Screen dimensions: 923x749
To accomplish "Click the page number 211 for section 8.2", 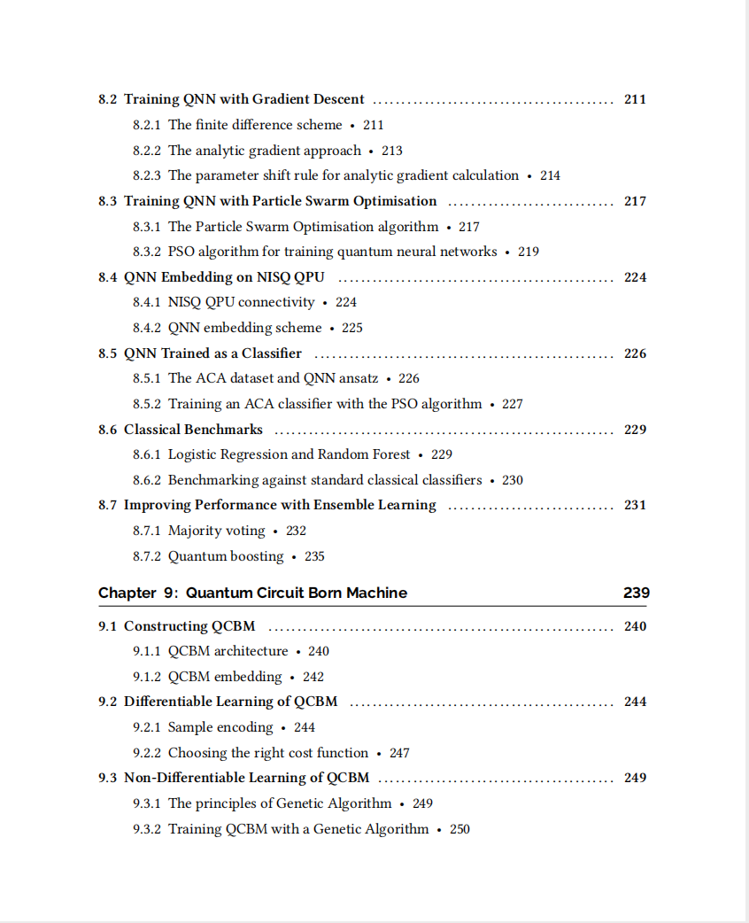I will click(x=635, y=99).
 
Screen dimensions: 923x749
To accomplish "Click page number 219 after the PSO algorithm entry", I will click(x=529, y=252).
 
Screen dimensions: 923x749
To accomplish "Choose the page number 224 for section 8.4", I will click(x=635, y=277).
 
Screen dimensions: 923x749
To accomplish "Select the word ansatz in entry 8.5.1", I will click(x=359, y=378).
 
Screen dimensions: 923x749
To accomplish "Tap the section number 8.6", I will click(x=107, y=430).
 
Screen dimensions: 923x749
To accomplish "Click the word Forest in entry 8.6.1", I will click(x=389, y=454).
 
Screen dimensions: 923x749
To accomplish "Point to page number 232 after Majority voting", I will click(x=296, y=531).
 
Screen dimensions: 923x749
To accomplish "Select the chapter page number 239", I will click(x=636, y=593).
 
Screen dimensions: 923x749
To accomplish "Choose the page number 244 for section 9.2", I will click(x=635, y=702).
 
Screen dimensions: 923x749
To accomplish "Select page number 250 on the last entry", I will click(x=459, y=829).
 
